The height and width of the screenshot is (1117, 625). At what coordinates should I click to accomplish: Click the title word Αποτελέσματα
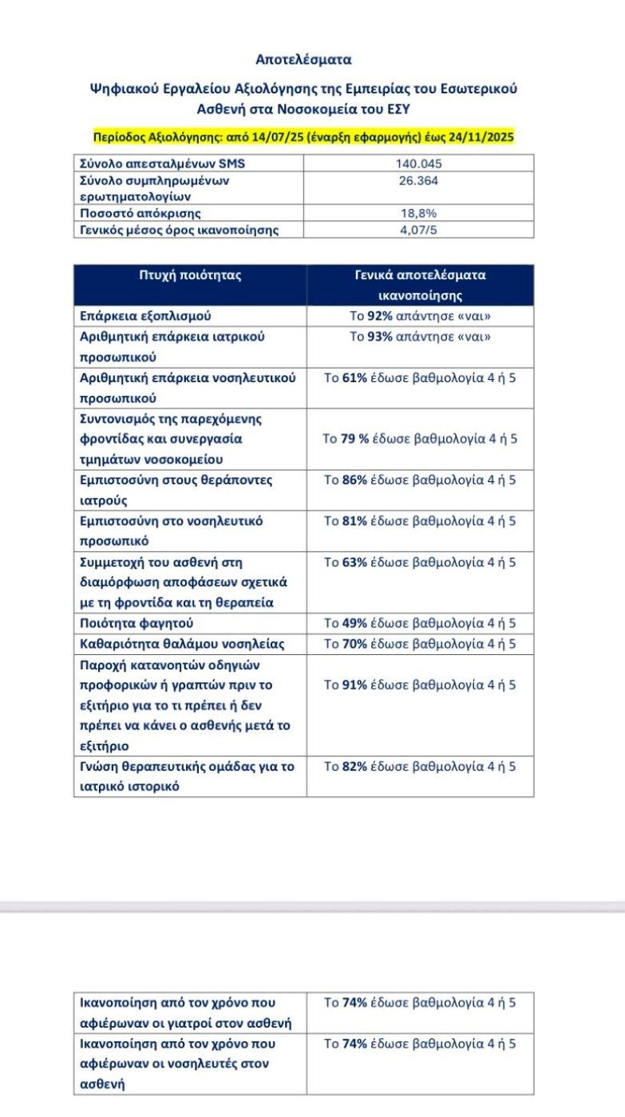[303, 59]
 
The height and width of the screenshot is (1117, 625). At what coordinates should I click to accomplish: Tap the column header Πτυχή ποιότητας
[190, 276]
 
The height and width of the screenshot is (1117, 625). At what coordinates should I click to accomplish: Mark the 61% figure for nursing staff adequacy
[354, 377]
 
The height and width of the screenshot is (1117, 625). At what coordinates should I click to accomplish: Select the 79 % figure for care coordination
[355, 439]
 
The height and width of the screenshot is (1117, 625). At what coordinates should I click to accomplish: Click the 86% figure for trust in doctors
[354, 480]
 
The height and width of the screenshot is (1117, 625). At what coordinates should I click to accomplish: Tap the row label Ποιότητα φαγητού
[136, 623]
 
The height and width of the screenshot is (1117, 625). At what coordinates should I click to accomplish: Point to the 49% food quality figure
[354, 623]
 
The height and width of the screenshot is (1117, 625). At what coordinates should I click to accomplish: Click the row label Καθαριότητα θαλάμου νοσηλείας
[182, 644]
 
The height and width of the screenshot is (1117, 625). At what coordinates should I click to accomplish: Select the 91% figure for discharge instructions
[354, 685]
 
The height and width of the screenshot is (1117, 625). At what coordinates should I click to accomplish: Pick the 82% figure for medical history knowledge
[354, 767]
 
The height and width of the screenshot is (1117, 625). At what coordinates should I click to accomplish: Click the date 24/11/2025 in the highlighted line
[478, 137]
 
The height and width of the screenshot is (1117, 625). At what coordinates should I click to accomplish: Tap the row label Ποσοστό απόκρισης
[140, 213]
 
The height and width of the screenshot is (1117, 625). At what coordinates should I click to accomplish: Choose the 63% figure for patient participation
[354, 562]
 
